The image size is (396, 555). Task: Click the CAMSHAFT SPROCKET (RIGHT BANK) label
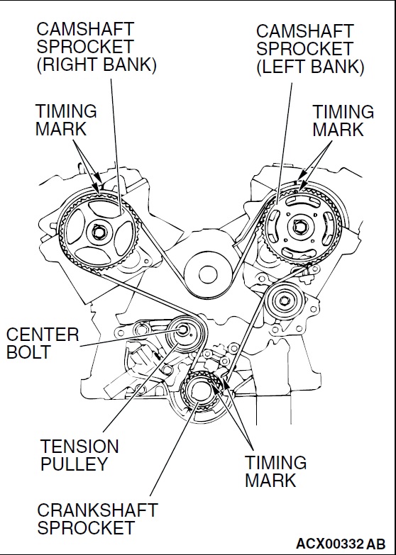tap(97, 47)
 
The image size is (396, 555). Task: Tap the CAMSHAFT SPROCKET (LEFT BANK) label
tap(310, 50)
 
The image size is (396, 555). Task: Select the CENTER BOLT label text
tap(43, 343)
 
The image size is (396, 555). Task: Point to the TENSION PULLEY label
tap(79, 455)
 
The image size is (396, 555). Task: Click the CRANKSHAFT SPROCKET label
tap(97, 519)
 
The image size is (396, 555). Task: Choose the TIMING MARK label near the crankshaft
tap(275, 471)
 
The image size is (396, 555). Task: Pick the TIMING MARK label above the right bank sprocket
tap(66, 120)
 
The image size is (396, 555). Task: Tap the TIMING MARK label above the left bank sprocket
tap(343, 120)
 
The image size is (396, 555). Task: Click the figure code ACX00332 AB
tap(341, 544)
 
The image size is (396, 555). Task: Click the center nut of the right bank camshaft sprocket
tap(97, 232)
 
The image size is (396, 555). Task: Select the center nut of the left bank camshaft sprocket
tap(301, 227)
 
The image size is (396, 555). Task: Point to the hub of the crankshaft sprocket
tap(200, 391)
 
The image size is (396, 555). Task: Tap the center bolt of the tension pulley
tap(183, 330)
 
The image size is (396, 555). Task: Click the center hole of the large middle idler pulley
tap(208, 275)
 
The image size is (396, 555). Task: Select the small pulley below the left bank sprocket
tap(285, 301)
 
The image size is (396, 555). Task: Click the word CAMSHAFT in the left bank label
tap(305, 32)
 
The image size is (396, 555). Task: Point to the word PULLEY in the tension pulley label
tap(74, 464)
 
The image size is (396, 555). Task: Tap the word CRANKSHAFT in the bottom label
tap(97, 510)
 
